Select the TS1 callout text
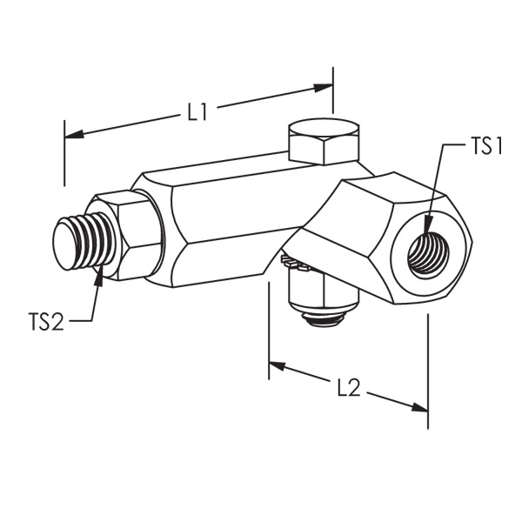point(487,147)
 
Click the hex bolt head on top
point(323,141)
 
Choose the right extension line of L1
point(333,91)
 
